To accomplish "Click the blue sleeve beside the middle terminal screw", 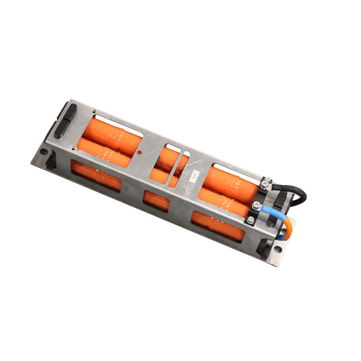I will click(269, 210).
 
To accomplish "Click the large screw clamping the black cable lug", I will click(266, 184).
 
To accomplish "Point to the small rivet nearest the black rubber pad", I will click(93, 111).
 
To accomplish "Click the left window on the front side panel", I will click(96, 175).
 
